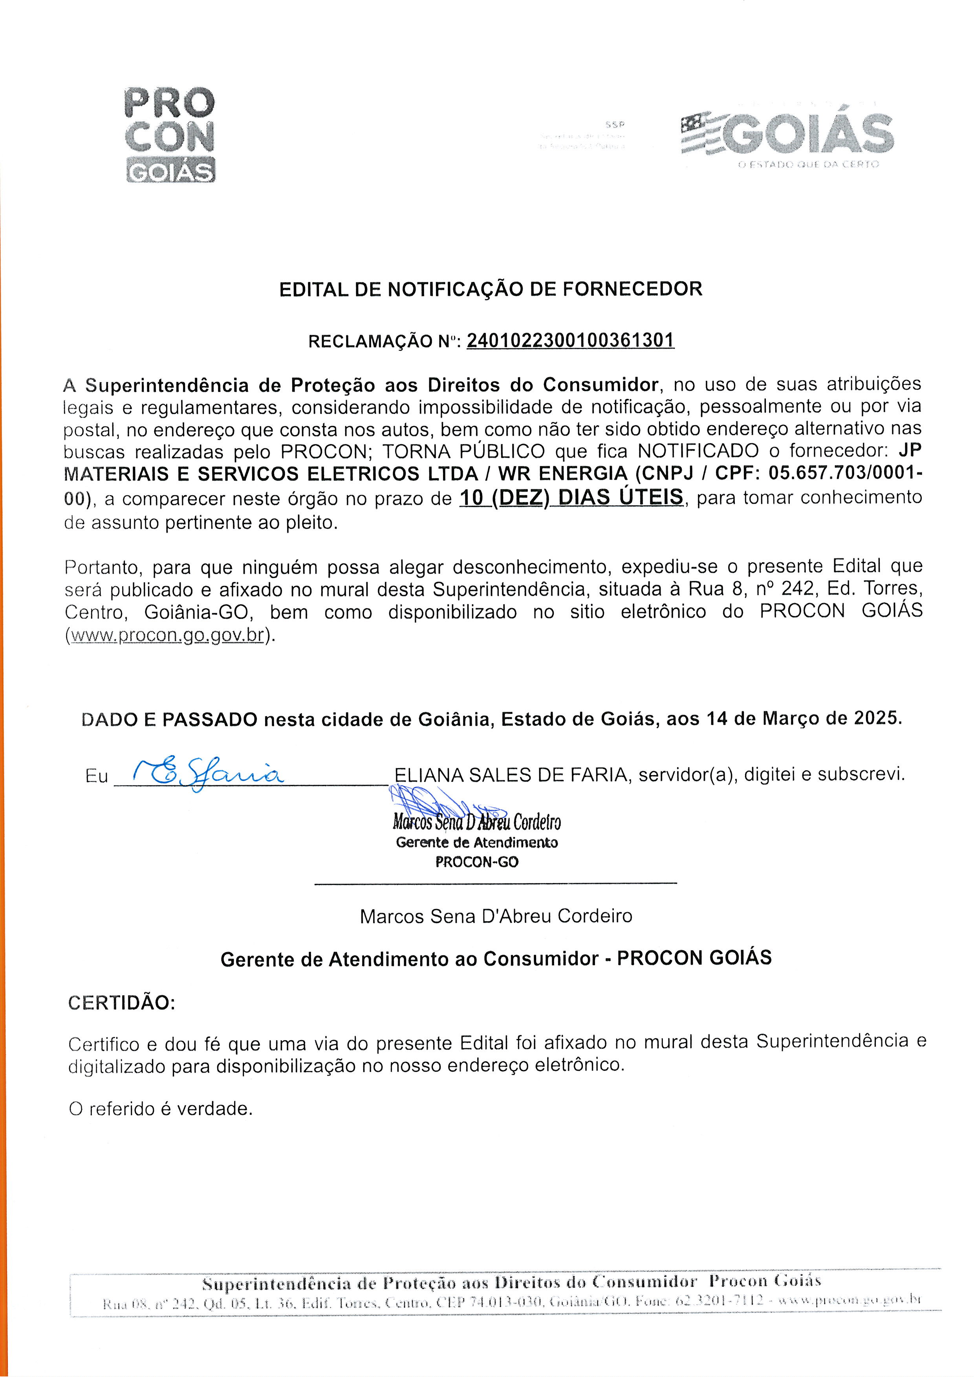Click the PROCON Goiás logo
pos(169,134)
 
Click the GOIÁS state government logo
pos(787,135)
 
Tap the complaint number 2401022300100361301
pos(570,341)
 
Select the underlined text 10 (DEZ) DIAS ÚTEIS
pos(571,497)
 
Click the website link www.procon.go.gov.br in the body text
pos(167,635)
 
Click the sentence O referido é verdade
pos(161,1108)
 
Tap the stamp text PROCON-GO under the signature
pos(477,862)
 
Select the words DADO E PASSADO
pos(169,719)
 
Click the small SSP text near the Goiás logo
pos(615,125)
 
